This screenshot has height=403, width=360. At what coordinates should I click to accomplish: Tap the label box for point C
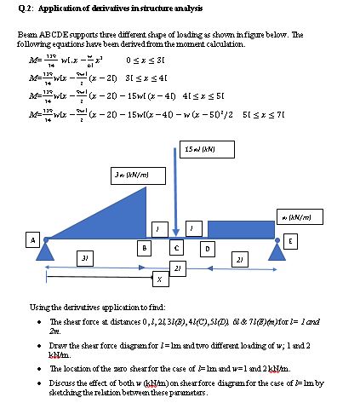click(x=176, y=248)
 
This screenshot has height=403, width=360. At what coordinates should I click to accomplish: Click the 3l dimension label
click(x=82, y=256)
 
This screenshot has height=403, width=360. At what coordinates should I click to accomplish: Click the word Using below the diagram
click(x=54, y=306)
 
